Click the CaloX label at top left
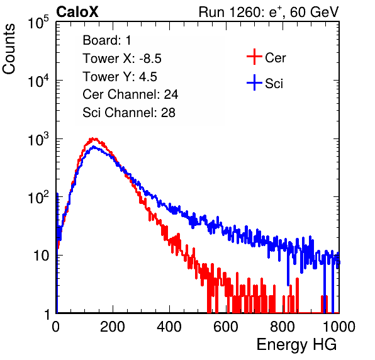tap(77, 12)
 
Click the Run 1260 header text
tap(269, 12)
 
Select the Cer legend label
tap(275, 58)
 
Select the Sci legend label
tap(274, 84)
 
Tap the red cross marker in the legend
tap(254, 57)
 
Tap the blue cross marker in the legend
tap(254, 82)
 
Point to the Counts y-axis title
tap(9, 49)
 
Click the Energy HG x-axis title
tap(296, 344)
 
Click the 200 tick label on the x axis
tap(113, 327)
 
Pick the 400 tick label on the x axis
tap(169, 327)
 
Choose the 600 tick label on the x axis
tap(226, 327)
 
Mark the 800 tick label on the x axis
tap(283, 327)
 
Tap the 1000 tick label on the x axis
tap(339, 327)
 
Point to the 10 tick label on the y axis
tap(41, 256)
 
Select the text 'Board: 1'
tap(107, 40)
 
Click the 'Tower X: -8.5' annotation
tap(122, 59)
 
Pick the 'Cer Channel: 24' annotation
tap(130, 94)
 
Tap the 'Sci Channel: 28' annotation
tap(129, 113)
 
